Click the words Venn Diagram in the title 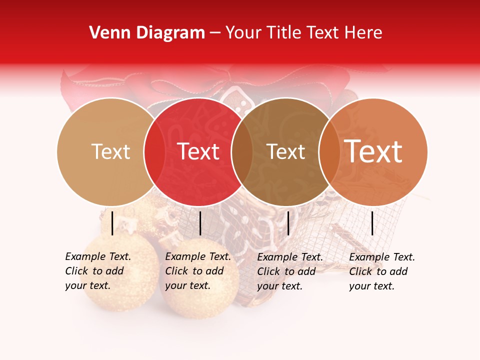[146, 33]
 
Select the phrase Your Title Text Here [303, 33]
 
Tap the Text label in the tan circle [111, 152]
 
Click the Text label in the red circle [198, 151]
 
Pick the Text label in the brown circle [285, 152]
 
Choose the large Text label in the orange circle [373, 151]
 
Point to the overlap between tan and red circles [154, 152]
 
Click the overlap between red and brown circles [241, 152]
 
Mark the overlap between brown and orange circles [328, 152]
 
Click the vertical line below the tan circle [112, 223]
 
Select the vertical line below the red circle [200, 223]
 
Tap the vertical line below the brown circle [288, 223]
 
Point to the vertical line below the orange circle [372, 223]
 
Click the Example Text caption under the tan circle [98, 271]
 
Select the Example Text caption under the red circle [198, 271]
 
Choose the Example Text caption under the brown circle [290, 271]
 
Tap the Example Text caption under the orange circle [382, 271]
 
